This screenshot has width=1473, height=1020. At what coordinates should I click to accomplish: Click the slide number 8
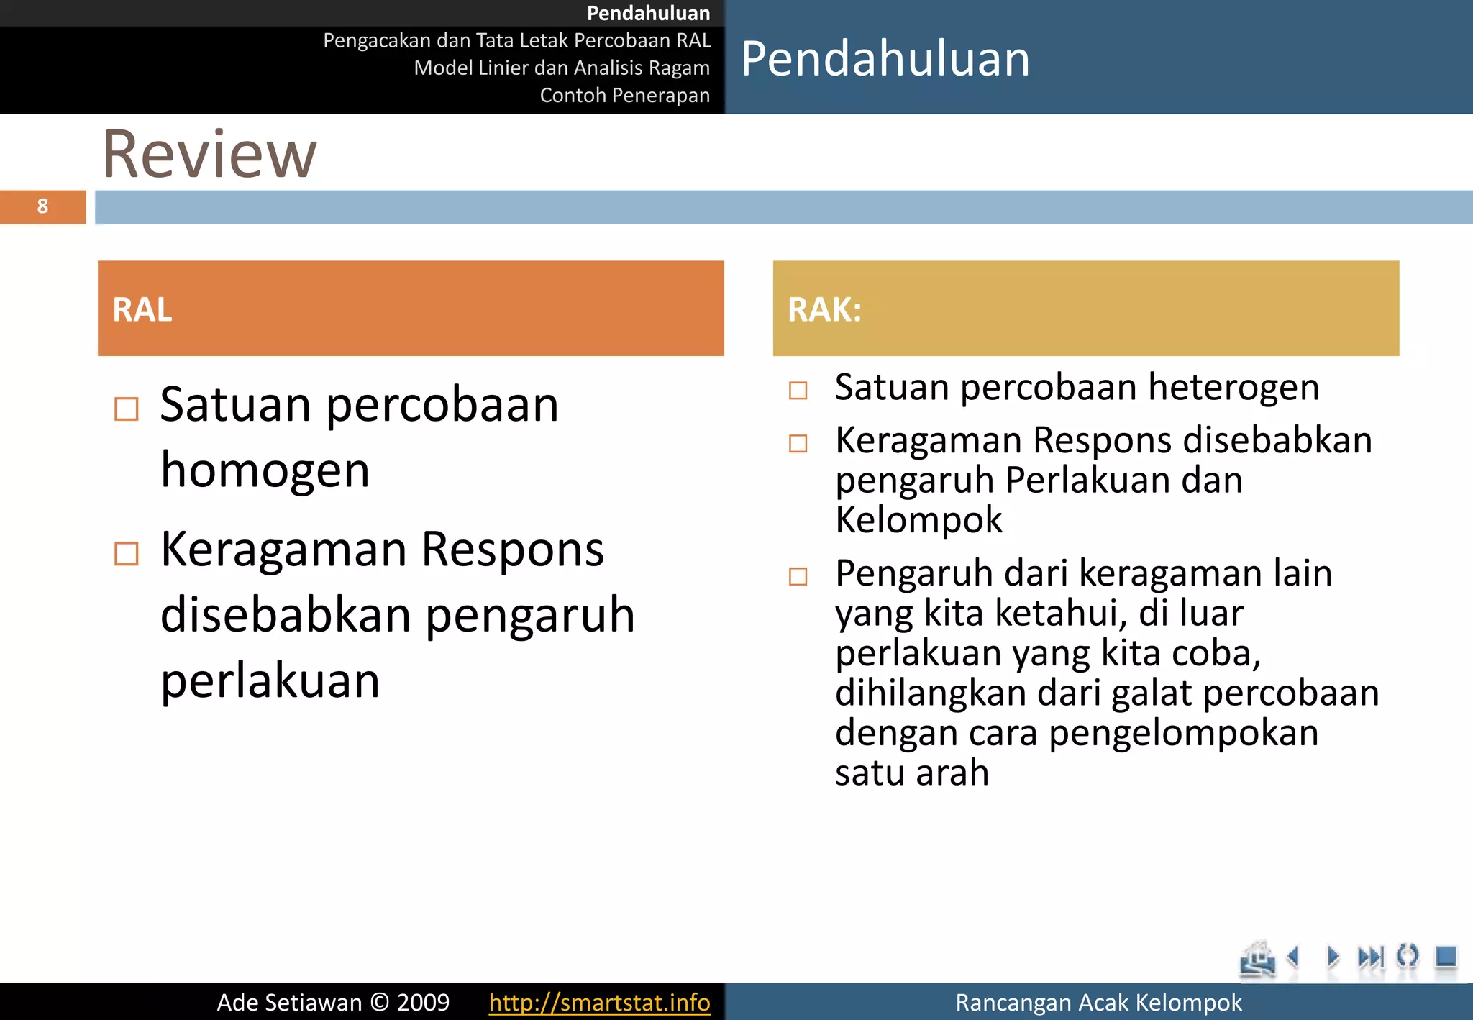(x=42, y=207)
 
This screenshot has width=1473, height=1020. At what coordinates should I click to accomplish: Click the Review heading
(x=209, y=154)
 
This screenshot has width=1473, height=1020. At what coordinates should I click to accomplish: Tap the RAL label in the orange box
(x=142, y=310)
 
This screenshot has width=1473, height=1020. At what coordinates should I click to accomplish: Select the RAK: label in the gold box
(x=824, y=310)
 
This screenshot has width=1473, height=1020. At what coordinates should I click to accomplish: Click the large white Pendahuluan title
(x=885, y=59)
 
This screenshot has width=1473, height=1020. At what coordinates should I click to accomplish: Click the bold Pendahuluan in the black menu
(x=648, y=13)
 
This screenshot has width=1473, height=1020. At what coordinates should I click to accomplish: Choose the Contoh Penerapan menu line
(x=624, y=95)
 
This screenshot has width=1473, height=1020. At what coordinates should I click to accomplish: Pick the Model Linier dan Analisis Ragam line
(x=562, y=68)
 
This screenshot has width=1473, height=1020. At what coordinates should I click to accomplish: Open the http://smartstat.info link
(x=599, y=1002)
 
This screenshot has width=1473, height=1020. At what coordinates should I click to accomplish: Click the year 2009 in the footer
(x=423, y=1002)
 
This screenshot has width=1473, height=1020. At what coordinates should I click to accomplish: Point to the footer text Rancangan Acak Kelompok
(x=1098, y=1002)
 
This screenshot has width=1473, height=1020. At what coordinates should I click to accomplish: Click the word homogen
(x=265, y=470)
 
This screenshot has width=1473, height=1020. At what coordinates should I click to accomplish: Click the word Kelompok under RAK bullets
(x=918, y=519)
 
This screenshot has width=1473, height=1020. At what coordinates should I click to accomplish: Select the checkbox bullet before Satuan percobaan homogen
(x=127, y=409)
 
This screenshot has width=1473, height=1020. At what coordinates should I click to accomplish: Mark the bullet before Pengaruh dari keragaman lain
(x=798, y=576)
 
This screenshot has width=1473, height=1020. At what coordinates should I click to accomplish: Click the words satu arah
(x=912, y=773)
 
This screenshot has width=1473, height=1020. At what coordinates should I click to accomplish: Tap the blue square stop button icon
(x=1445, y=957)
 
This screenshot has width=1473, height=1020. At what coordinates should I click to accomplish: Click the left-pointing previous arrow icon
(x=1294, y=957)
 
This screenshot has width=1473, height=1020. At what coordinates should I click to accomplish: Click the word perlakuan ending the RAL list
(x=270, y=680)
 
